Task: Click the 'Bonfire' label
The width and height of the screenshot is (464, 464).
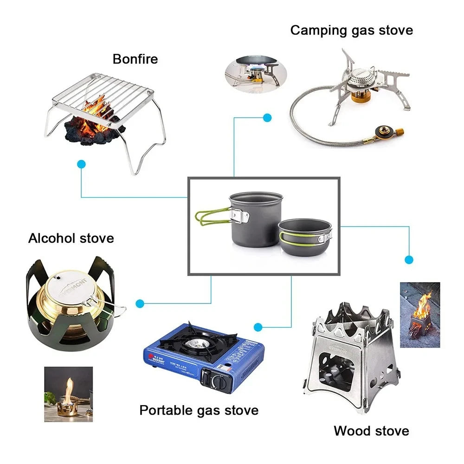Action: (x=135, y=59)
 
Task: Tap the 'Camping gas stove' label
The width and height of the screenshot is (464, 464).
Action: (x=351, y=31)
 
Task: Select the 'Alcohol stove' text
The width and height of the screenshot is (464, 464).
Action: (x=71, y=238)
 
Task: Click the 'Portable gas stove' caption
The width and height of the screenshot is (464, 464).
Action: (x=199, y=410)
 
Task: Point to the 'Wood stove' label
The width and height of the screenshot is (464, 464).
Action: (x=371, y=431)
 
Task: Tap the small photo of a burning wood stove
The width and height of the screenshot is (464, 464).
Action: (x=419, y=315)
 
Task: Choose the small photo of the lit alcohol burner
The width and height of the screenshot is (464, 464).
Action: (x=68, y=394)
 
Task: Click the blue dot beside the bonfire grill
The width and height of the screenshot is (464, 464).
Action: (x=82, y=164)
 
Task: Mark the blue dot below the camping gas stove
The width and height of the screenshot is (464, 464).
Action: (x=267, y=117)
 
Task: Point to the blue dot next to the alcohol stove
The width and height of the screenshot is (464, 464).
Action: (x=140, y=303)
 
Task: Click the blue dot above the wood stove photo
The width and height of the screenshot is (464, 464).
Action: (x=409, y=259)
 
